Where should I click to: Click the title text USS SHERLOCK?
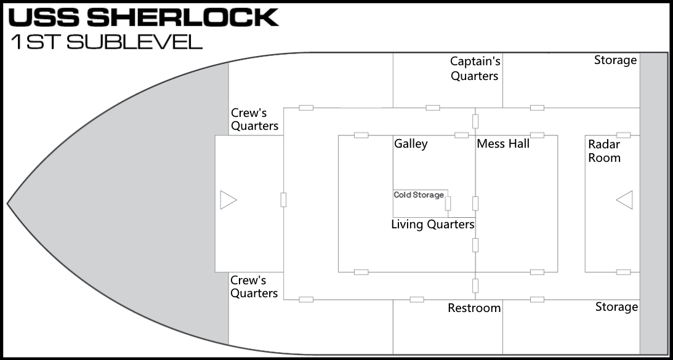coord(144,17)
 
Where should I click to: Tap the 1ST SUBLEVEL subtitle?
coord(107,42)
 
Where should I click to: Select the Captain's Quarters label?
coord(475,68)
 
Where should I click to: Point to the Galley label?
coord(411,144)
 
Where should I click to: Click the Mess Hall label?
coord(503,143)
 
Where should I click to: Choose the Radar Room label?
coord(604,151)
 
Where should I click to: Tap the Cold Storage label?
coord(419,195)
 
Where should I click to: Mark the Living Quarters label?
coord(433,225)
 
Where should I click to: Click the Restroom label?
coord(474,308)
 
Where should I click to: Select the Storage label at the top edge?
coord(616,60)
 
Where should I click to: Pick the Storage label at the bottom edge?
coord(617,307)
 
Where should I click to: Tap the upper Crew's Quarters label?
coord(254,119)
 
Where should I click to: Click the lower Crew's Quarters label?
coord(254,287)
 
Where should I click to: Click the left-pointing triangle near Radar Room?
coord(624,200)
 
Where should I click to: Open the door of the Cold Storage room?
coord(448,204)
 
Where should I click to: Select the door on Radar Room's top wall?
coord(623,135)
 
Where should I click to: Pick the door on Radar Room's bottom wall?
coord(623,272)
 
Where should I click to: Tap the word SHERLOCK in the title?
coord(183,17)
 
